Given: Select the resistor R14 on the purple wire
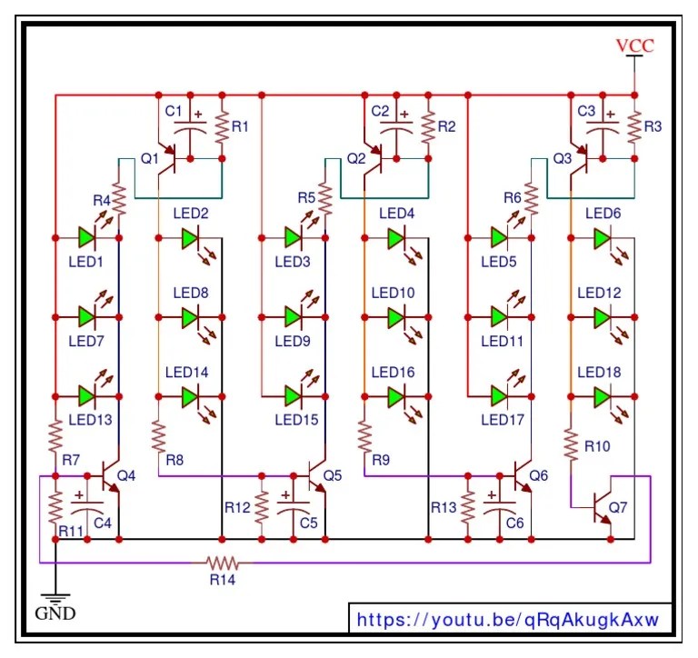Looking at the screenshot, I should [x=221, y=563].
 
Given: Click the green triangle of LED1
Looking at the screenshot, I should [x=86, y=238].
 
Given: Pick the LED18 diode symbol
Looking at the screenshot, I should [x=601, y=397].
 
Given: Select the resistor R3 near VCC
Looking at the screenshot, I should [x=633, y=127].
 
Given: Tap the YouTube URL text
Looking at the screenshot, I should [x=507, y=620].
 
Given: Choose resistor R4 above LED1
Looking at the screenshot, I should [x=118, y=201].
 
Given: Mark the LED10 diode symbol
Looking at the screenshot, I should [x=395, y=317].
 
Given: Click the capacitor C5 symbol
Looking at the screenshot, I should [x=294, y=506].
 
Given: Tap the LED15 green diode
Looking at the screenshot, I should [x=293, y=397].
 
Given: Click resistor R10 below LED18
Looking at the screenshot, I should [x=570, y=444].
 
